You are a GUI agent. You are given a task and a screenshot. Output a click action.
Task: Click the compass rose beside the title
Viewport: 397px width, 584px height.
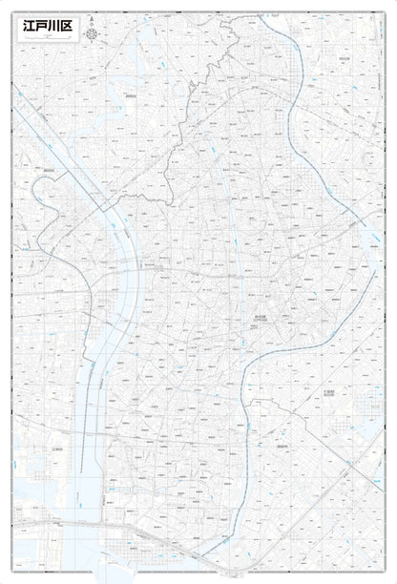pyautogui.click(x=92, y=34)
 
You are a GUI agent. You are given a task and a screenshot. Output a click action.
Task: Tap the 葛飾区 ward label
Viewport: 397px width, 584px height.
pyautogui.click(x=130, y=95)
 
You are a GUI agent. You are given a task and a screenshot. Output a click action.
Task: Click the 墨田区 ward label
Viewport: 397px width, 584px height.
pyautogui.click(x=48, y=170)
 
